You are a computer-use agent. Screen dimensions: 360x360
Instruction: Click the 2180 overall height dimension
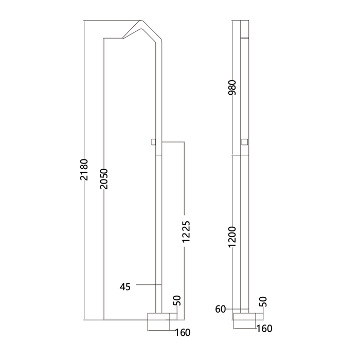point(84,169)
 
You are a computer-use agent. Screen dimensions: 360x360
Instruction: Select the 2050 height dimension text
point(104,179)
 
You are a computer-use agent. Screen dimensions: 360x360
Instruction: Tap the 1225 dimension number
point(186,231)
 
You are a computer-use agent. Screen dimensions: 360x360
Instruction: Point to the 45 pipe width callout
point(125,287)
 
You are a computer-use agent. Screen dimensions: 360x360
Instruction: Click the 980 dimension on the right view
point(232,87)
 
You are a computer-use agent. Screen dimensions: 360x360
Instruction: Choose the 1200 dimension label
point(232,237)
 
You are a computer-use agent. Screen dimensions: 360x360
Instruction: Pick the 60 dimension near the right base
point(221,309)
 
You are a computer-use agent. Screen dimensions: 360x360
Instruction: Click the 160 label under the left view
point(183,332)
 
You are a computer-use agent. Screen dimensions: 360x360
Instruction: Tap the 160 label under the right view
point(264,329)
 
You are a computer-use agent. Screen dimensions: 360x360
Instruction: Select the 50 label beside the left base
point(177,300)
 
